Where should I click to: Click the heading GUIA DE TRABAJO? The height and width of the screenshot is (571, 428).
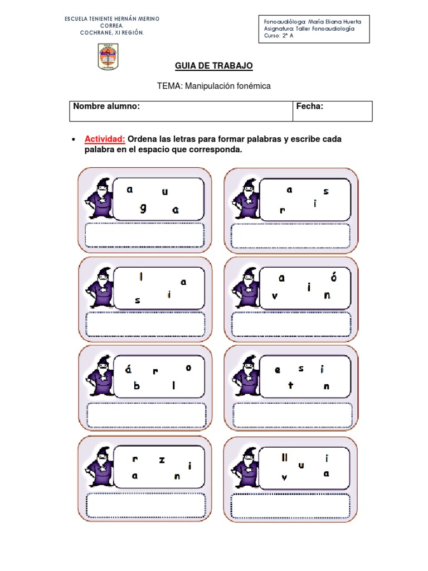(x=214, y=66)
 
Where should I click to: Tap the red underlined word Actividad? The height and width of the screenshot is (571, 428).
(x=105, y=139)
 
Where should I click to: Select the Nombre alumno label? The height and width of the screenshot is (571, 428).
(x=106, y=107)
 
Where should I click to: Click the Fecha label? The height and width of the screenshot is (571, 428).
(x=309, y=107)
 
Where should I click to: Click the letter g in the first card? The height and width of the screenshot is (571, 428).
(x=144, y=208)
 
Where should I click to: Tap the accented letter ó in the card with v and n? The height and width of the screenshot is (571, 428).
(x=333, y=277)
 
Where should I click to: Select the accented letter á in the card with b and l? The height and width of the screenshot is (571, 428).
(x=128, y=369)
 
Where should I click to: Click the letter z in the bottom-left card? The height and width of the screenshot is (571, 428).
(x=162, y=460)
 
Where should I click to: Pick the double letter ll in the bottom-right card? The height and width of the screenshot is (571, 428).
(x=285, y=458)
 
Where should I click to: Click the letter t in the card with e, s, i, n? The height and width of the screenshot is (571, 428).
(x=290, y=385)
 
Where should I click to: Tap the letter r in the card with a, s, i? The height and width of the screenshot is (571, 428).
(x=283, y=210)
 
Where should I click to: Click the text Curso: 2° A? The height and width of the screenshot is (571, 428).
(x=279, y=36)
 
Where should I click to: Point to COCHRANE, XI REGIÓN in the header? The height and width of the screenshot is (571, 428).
(x=112, y=32)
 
